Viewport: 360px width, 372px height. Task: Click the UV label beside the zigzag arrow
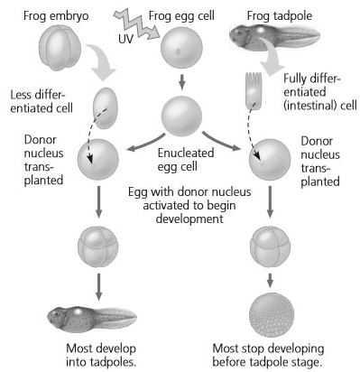click(125, 39)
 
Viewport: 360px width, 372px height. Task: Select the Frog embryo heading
click(56, 16)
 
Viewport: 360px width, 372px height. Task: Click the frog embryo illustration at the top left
click(60, 48)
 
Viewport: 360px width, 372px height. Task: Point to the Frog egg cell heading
click(181, 16)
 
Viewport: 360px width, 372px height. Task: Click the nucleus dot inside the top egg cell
click(178, 51)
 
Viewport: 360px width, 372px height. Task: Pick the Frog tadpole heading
click(280, 16)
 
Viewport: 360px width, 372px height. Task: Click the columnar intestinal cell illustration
click(254, 91)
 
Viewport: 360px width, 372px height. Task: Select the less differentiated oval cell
click(106, 108)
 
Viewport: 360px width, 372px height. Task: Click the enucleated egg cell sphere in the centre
click(181, 116)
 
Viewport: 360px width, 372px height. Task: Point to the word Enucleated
click(186, 153)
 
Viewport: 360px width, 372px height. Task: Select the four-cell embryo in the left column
click(98, 247)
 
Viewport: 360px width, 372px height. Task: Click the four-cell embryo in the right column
click(270, 247)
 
